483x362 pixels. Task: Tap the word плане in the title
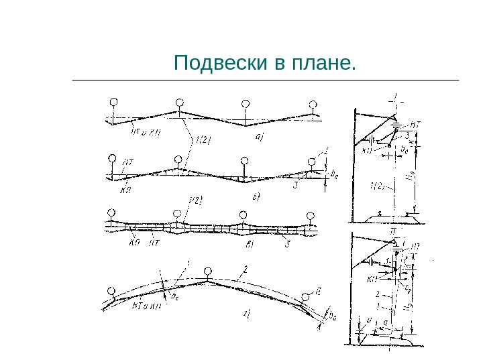point(323,64)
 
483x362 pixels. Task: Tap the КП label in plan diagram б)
point(126,190)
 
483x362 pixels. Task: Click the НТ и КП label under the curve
point(146,306)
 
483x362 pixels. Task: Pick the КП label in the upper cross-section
point(367,151)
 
